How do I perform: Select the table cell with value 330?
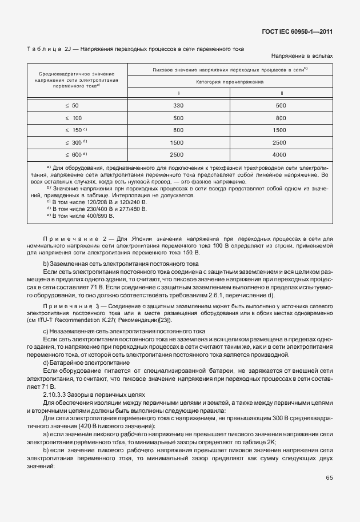[178, 105]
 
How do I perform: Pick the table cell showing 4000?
[279, 154]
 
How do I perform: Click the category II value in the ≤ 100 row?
[279, 118]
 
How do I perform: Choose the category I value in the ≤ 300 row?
[177, 142]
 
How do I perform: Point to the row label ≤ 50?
[72, 105]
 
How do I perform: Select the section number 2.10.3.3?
[57, 395]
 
